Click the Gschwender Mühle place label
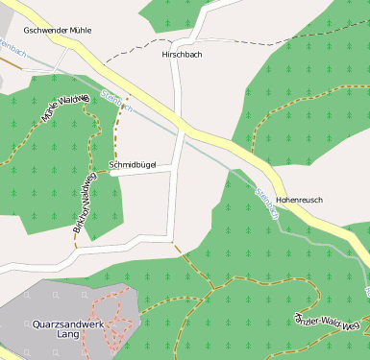tap(58, 31)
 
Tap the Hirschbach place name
tap(183, 55)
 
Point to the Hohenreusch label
tap(299, 200)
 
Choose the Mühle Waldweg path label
tap(63, 109)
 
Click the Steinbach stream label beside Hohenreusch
tap(266, 202)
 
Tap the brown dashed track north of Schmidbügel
tap(118, 125)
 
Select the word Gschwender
tap(44, 31)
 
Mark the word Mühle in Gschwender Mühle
tap(80, 31)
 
